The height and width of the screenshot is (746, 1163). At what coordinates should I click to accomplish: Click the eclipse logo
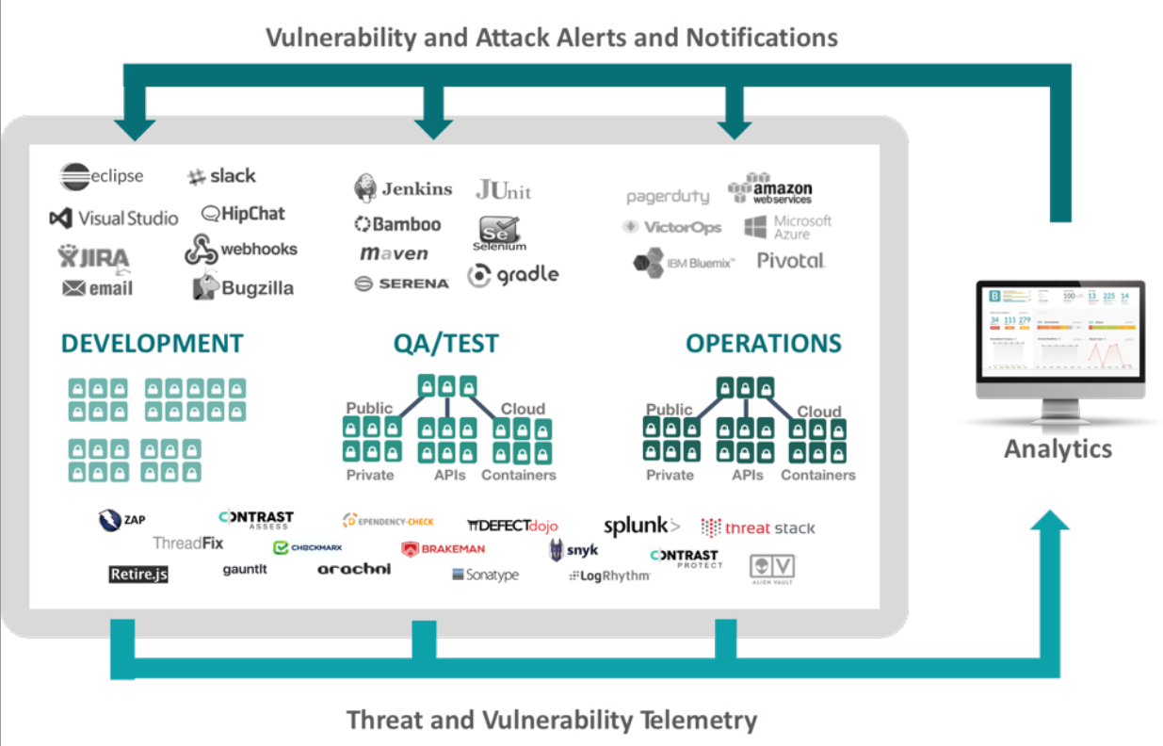pyautogui.click(x=102, y=176)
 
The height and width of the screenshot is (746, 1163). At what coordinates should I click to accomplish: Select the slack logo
pyautogui.click(x=221, y=176)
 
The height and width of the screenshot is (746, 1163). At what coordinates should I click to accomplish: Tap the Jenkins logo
pyautogui.click(x=403, y=188)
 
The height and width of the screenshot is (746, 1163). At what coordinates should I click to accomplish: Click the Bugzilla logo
pyautogui.click(x=243, y=287)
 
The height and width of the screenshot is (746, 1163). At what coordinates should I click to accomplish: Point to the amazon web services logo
pyautogui.click(x=770, y=189)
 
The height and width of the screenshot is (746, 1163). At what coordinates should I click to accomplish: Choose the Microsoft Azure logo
pyautogui.click(x=787, y=227)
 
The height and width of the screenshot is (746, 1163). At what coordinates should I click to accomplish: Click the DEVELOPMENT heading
pyautogui.click(x=153, y=344)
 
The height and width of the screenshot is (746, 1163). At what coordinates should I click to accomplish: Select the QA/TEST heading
pyautogui.click(x=445, y=344)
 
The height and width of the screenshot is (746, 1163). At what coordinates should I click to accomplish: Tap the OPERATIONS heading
pyautogui.click(x=763, y=344)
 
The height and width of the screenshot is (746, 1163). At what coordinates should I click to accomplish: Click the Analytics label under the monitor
pyautogui.click(x=1058, y=448)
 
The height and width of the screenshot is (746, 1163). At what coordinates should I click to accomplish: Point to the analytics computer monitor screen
pyautogui.click(x=1060, y=335)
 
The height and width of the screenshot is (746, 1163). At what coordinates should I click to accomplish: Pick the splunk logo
pyautogui.click(x=640, y=526)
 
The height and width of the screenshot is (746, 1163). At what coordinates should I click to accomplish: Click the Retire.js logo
pyautogui.click(x=137, y=573)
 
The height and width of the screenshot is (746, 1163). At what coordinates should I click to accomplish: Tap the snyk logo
pyautogui.click(x=573, y=551)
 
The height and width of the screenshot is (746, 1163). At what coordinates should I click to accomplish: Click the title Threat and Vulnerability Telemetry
pyautogui.click(x=551, y=721)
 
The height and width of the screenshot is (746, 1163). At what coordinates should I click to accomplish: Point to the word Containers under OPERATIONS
pyautogui.click(x=817, y=476)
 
